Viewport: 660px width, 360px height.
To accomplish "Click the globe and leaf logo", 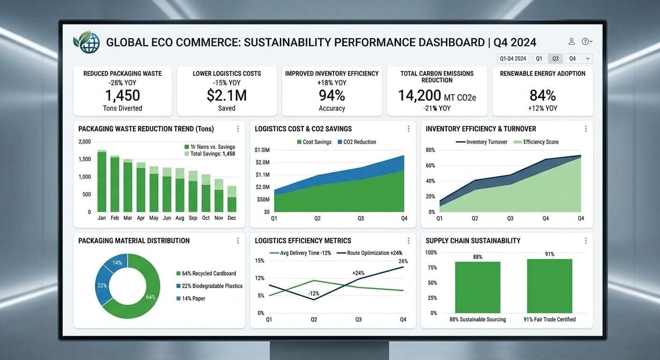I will (87, 42).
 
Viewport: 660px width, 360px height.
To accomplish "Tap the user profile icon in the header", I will (571, 41).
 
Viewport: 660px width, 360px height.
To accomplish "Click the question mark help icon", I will (585, 41).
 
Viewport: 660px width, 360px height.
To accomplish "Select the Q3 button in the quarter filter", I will (555, 59).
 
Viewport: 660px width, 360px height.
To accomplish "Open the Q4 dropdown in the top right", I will (579, 59).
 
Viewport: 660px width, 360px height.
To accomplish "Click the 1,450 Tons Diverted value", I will (122, 96).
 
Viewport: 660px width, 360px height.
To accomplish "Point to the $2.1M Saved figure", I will (226, 96).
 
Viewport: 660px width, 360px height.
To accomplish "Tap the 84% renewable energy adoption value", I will (542, 96).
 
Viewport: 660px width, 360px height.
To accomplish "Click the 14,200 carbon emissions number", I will (419, 96).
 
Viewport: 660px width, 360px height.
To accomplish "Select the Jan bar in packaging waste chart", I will (102, 182).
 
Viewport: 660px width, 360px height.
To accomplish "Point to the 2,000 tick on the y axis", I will (85, 142).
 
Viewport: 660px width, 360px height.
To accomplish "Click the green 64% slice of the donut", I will (145, 300).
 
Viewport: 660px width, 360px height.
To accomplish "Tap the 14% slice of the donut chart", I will (117, 263).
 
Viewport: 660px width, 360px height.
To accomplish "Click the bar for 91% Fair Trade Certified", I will (549, 286).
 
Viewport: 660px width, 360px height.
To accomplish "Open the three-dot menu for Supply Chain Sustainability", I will (585, 240).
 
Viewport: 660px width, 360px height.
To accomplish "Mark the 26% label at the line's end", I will (403, 261).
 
